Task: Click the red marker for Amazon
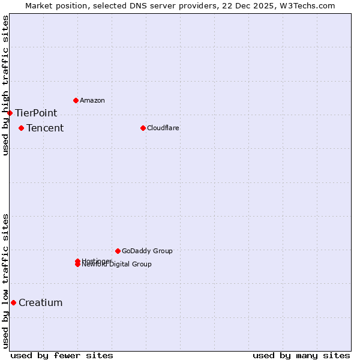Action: (76, 100)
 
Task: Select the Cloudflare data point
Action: (143, 128)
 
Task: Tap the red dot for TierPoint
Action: (10, 113)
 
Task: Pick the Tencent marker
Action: (21, 128)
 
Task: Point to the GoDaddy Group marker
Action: (118, 251)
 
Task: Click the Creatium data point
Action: (13, 302)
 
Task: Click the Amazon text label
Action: (92, 100)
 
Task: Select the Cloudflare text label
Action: (163, 128)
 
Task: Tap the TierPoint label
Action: (36, 113)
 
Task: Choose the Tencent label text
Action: (45, 128)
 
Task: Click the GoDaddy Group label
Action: (147, 251)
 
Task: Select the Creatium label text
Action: (40, 302)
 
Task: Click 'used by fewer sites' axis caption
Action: (62, 355)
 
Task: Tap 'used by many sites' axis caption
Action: (301, 355)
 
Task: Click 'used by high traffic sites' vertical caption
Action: (5, 85)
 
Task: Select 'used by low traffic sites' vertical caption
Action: (5, 280)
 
